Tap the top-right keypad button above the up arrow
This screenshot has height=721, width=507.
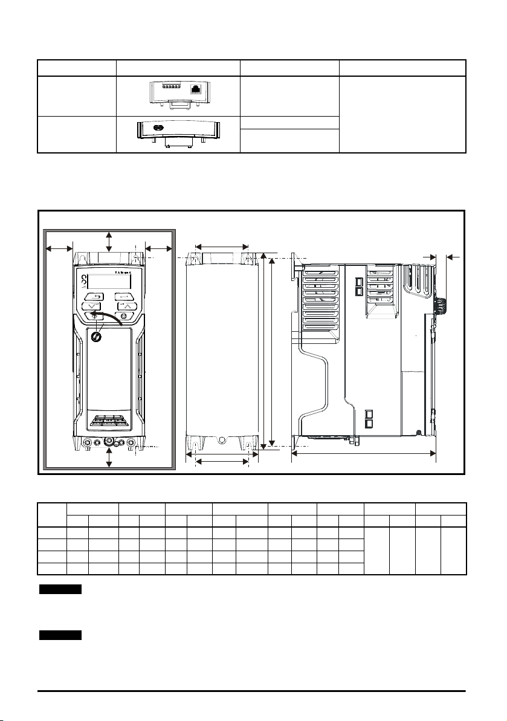(124, 296)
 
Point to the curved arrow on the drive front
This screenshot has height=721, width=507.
(112, 318)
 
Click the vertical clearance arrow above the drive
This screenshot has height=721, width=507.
(109, 242)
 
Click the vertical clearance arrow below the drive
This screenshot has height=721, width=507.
(109, 457)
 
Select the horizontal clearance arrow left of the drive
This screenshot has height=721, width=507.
(59, 248)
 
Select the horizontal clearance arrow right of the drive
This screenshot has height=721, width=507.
(160, 248)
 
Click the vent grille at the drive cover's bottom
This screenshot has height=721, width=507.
(109, 419)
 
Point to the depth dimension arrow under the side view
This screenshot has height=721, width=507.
(363, 453)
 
